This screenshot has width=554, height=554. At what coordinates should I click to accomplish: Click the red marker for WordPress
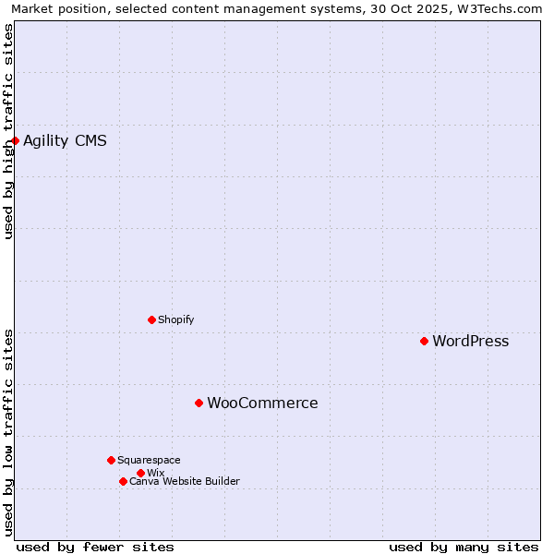coord(425,341)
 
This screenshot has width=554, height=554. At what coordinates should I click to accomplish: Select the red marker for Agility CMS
coord(16,140)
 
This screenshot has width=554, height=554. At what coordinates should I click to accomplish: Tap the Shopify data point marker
coord(151,319)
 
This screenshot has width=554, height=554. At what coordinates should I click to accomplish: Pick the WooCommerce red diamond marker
coord(199,403)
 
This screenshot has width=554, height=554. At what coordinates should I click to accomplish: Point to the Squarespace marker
coord(111,460)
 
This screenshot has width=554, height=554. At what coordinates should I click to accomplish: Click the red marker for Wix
coord(140,473)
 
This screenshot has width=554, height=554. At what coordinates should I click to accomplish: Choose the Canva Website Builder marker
coord(123,481)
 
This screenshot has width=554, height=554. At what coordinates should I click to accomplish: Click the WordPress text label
coord(470,342)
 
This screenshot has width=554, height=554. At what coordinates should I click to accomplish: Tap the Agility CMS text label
coord(65,141)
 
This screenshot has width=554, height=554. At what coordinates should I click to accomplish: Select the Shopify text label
coord(175,320)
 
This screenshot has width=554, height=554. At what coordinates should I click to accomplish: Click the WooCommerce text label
coord(262,403)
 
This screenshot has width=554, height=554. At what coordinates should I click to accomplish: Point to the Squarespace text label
coord(149,460)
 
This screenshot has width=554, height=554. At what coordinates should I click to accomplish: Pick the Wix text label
coord(155,473)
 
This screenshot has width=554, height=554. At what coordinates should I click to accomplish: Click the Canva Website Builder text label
coord(184,481)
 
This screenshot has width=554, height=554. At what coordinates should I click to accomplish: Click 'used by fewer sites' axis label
coord(95,547)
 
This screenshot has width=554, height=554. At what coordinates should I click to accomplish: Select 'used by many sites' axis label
coord(464,547)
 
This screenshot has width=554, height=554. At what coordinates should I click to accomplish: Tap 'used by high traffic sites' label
coord(8,131)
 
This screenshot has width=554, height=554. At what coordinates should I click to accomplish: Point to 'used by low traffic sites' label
coord(8,432)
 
